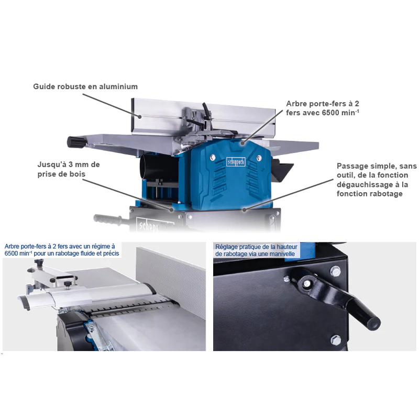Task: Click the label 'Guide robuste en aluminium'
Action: [x=85, y=86]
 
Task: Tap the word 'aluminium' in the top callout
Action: [x=118, y=86]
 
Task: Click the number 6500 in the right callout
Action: [x=330, y=113]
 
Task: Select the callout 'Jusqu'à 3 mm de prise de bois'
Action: [x=69, y=169]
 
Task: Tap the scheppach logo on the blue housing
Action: [x=236, y=162]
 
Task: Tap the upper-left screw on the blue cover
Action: [x=213, y=158]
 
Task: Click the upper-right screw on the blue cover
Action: [x=259, y=158]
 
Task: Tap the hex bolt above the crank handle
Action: [x=336, y=271]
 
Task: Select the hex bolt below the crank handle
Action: [x=336, y=340]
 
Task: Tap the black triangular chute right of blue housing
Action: [x=282, y=170]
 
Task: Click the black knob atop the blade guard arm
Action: [x=39, y=263]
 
